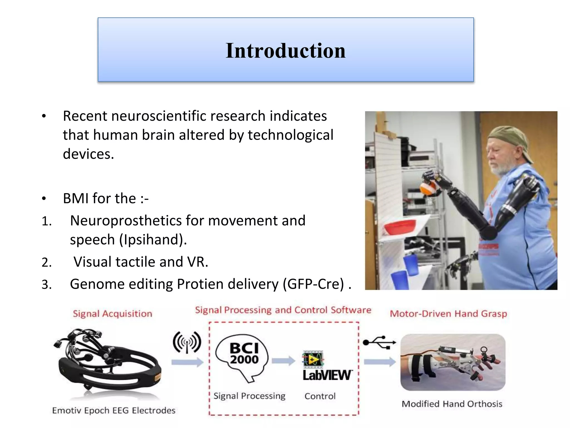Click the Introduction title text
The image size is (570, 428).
[x=286, y=51]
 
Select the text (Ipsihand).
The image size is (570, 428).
[x=153, y=240]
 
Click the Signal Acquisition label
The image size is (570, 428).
[x=112, y=314]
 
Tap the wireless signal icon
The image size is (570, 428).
[x=187, y=342]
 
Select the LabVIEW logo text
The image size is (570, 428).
[x=327, y=375]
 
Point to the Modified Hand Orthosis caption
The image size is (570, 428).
[x=452, y=404]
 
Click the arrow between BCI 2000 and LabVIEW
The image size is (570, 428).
[x=283, y=361]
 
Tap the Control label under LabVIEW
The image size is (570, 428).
[x=320, y=396]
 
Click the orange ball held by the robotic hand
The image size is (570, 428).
[x=426, y=189]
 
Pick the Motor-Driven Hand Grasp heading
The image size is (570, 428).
[x=448, y=314]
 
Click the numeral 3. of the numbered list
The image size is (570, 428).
[x=46, y=285]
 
